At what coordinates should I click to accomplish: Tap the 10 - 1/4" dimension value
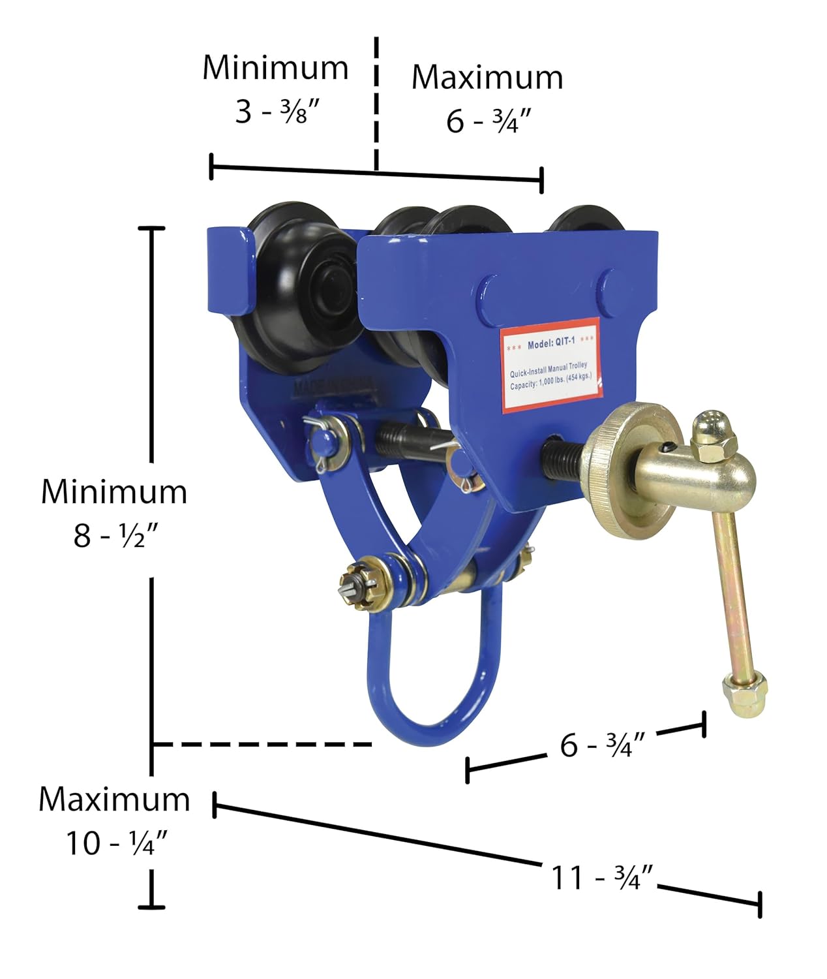(117, 843)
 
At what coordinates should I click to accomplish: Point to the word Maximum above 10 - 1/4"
(114, 799)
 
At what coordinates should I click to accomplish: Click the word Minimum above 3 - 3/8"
(275, 68)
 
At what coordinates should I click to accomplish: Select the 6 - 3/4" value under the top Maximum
(489, 121)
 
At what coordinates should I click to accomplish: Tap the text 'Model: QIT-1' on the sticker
(551, 343)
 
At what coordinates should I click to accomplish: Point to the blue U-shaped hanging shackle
(430, 679)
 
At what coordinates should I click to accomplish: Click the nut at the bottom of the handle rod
(744, 695)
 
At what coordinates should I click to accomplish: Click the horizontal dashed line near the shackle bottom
(261, 744)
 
